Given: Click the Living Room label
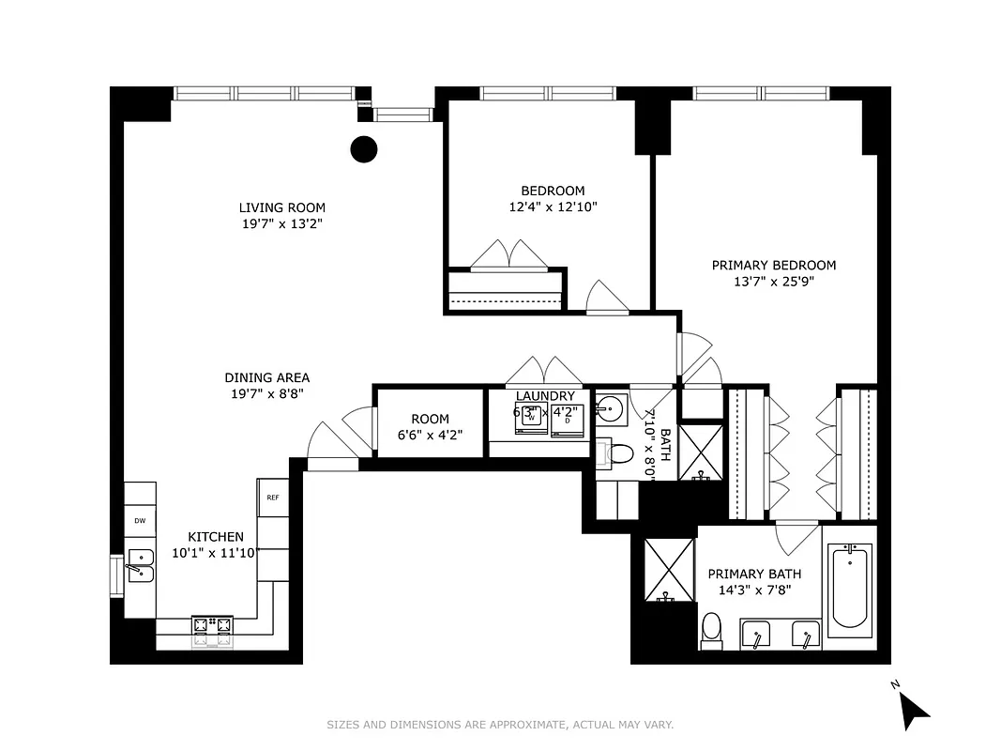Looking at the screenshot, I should click(281, 208).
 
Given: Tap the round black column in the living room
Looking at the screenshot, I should click(363, 148).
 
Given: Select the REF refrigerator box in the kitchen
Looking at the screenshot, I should click(272, 498).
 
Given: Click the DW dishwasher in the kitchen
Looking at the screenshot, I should click(140, 520).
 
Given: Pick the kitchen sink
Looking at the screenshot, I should click(140, 566).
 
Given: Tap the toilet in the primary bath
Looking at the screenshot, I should click(712, 630).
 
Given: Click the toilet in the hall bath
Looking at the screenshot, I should click(618, 453).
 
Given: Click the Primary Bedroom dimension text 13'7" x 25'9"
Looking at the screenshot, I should click(773, 282).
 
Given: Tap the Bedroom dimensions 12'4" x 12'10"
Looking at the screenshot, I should click(553, 207).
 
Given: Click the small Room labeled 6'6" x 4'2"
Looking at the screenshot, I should click(430, 426).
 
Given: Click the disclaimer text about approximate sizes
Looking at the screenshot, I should click(500, 725).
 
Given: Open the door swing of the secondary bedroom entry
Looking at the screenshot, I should click(607, 299).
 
